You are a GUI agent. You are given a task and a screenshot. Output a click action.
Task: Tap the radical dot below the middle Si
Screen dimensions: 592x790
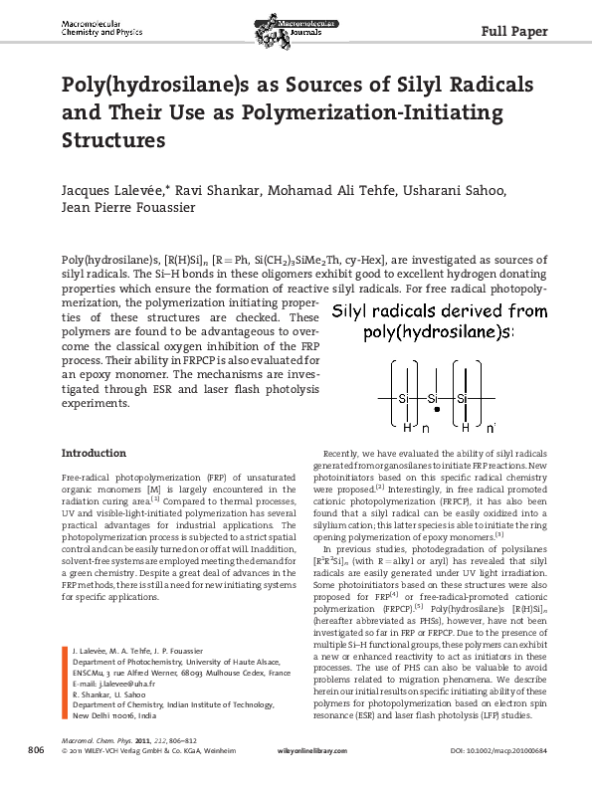click(435, 408)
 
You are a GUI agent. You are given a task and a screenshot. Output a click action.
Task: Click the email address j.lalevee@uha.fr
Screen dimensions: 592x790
click(115, 685)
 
